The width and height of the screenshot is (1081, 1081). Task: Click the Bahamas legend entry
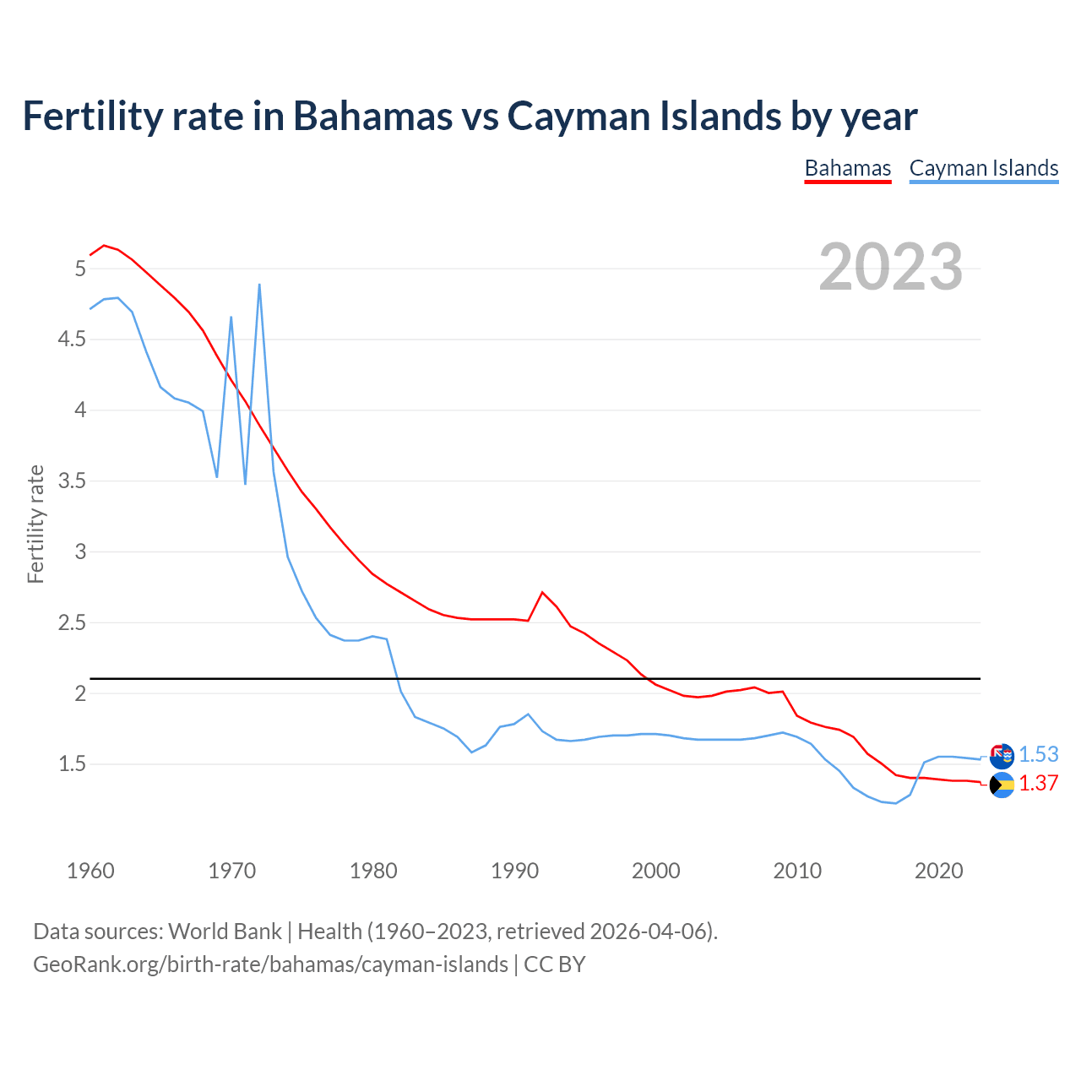(x=847, y=168)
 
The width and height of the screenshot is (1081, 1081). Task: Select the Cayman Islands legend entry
(x=983, y=168)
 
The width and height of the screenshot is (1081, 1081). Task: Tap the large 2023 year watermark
(x=891, y=267)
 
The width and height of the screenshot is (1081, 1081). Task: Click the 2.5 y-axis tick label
(x=71, y=623)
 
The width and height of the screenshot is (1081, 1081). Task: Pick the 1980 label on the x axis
(x=373, y=871)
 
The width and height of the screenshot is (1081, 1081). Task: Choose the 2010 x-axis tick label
(x=797, y=871)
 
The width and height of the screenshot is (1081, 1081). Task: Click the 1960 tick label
(x=90, y=871)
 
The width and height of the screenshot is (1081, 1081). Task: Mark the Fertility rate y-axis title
(x=35, y=524)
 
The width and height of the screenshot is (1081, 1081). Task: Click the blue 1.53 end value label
(x=1038, y=754)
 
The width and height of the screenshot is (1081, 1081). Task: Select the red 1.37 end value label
(x=1038, y=783)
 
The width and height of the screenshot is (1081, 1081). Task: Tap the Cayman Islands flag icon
(x=1002, y=756)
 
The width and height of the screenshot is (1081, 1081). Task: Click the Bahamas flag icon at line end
(x=1002, y=785)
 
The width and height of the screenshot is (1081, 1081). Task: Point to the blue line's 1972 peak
(x=259, y=285)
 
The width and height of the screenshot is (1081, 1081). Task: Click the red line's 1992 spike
(x=542, y=592)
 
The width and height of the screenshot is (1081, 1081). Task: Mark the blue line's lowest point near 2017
(x=896, y=803)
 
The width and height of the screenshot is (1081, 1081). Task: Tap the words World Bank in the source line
(x=225, y=932)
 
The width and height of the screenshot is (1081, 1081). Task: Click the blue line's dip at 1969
(x=217, y=477)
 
